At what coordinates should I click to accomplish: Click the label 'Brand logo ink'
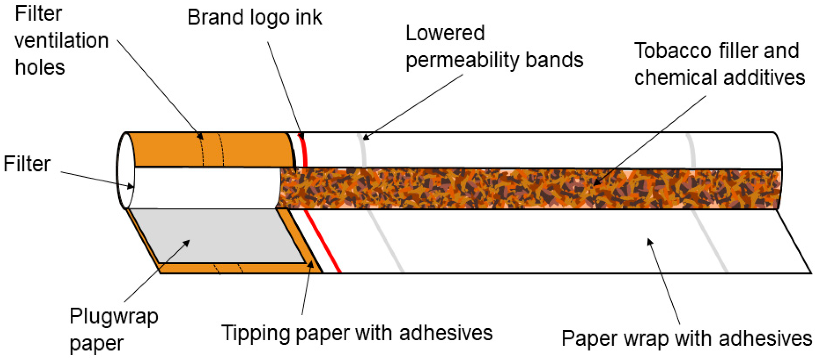pyautogui.click(x=254, y=18)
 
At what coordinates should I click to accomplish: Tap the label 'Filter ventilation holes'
pyautogui.click(x=61, y=41)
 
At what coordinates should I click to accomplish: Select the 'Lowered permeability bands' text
pyautogui.click(x=494, y=47)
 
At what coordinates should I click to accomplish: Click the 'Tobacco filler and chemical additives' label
pyautogui.click(x=719, y=64)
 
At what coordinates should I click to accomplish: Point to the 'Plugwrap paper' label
pyautogui.click(x=113, y=330)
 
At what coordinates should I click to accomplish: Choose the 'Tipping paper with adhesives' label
pyautogui.click(x=357, y=333)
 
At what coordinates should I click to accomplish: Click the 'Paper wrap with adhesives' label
pyautogui.click(x=686, y=339)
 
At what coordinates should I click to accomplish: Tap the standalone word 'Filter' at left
pyautogui.click(x=27, y=164)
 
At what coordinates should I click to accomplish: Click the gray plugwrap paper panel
pyautogui.click(x=215, y=235)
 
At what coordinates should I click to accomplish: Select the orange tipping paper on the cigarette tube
pyautogui.click(x=251, y=149)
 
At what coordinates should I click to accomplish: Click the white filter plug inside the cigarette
pyautogui.click(x=202, y=188)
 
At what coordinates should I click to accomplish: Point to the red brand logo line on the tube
pyautogui.click(x=305, y=150)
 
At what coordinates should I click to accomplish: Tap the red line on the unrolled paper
pyautogui.click(x=323, y=242)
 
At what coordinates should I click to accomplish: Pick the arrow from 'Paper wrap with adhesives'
pyautogui.click(x=664, y=282)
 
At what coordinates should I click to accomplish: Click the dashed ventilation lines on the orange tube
pyautogui.click(x=212, y=150)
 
